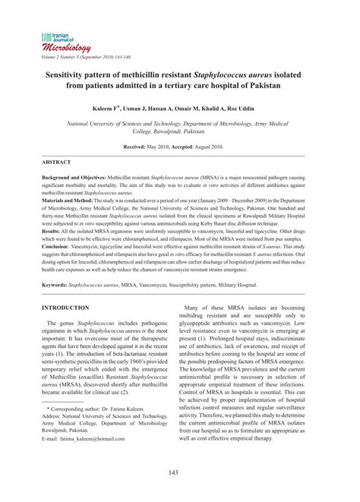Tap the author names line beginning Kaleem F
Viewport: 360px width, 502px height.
pyautogui.click(x=179, y=109)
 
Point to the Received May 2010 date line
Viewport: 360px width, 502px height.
pyautogui.click(x=179, y=145)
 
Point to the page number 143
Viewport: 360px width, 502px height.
pyautogui.click(x=179, y=474)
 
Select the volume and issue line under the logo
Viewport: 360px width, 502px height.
pyautogui.click(x=90, y=56)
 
